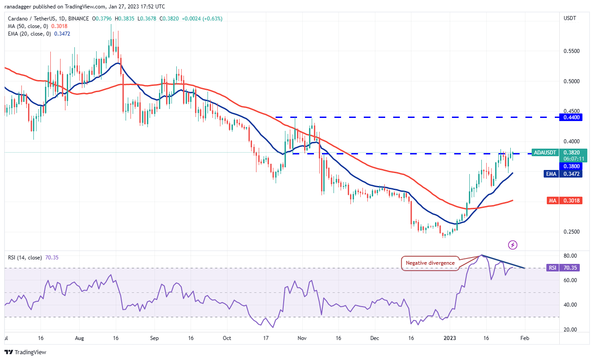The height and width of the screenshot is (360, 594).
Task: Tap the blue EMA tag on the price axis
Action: click(551, 174)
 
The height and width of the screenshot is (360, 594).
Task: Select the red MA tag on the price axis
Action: click(552, 201)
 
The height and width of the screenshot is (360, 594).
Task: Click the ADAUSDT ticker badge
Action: click(546, 152)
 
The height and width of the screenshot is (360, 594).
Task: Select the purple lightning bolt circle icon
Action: click(513, 245)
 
